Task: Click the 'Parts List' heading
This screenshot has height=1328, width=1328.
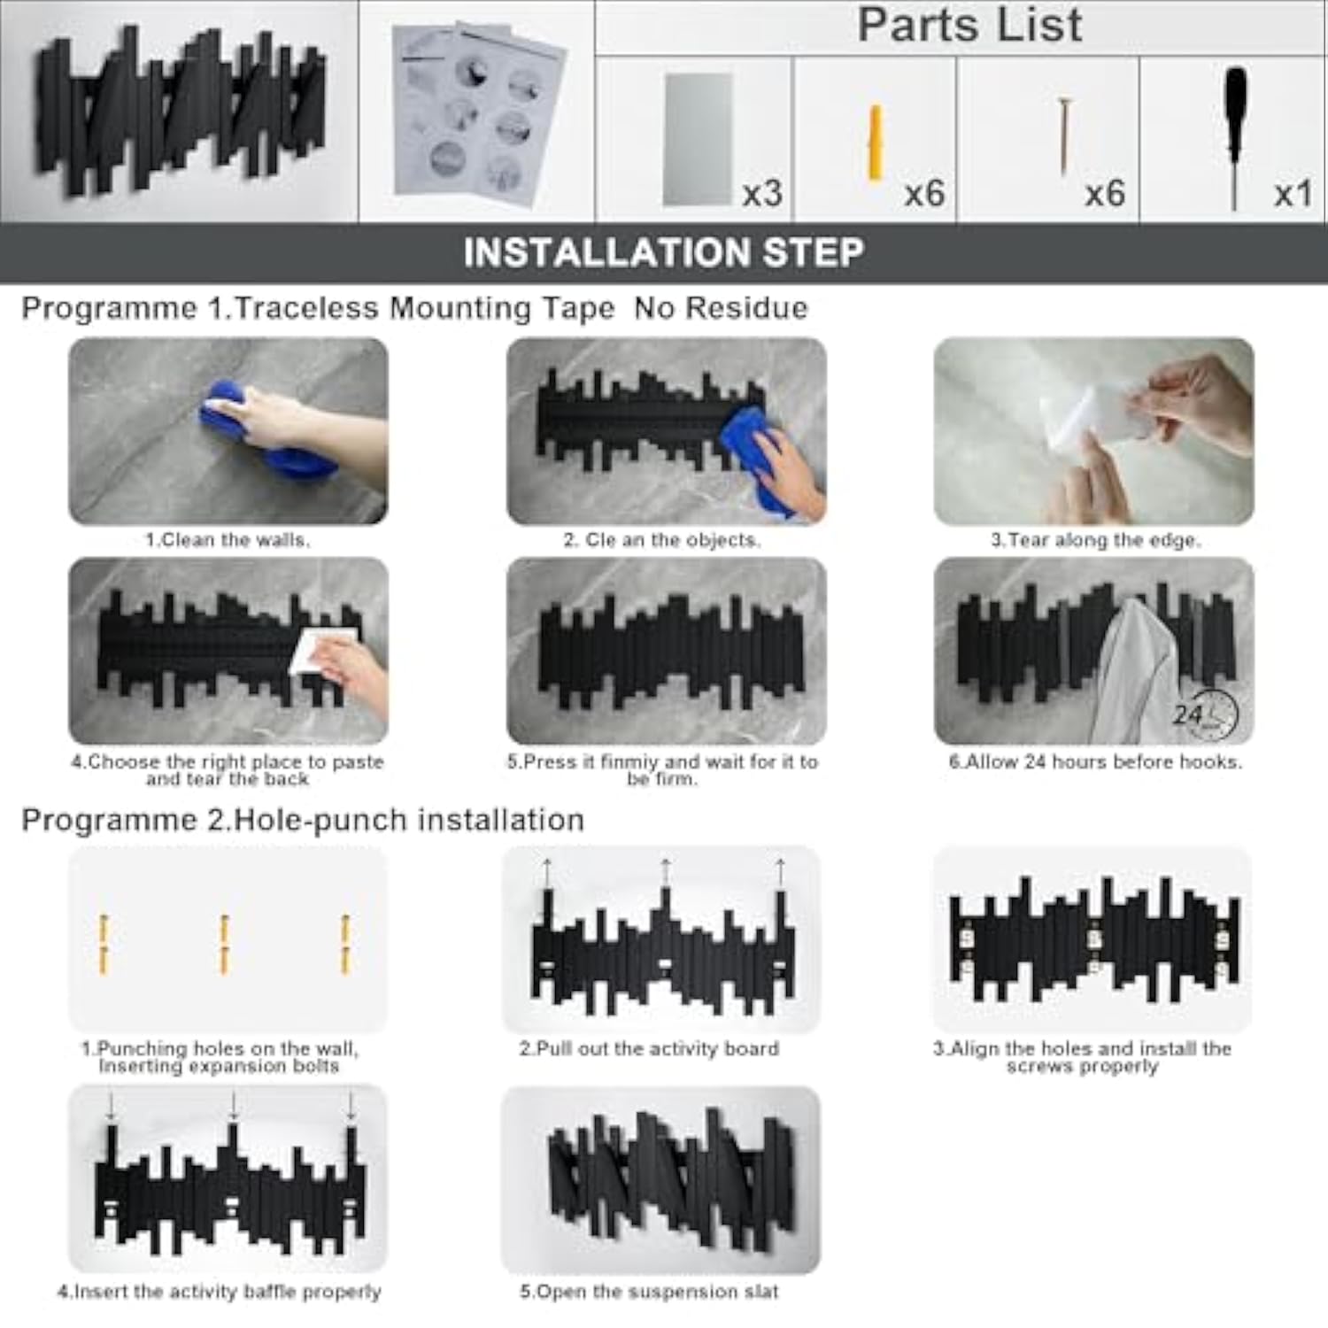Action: tap(969, 25)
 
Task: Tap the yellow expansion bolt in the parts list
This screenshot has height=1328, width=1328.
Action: tap(876, 143)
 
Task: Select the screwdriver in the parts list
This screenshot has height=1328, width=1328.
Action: tap(1235, 137)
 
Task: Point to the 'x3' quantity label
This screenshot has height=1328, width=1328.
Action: tap(762, 192)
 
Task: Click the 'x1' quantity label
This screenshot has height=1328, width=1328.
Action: tap(1293, 192)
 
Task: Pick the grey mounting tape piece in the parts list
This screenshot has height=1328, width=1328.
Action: tap(699, 139)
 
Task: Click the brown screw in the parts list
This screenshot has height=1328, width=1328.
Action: tap(1065, 135)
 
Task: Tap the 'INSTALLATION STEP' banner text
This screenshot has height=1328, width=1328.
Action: tap(664, 252)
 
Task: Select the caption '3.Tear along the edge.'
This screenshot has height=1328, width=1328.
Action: tap(1095, 540)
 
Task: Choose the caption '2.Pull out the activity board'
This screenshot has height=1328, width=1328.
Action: tap(649, 1049)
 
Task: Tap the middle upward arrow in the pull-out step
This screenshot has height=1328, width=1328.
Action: tap(665, 873)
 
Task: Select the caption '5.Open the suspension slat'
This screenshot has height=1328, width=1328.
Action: tap(649, 1292)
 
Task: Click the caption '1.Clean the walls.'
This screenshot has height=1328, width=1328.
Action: tap(228, 540)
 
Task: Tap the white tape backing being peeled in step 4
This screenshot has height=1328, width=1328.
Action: tap(323, 651)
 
